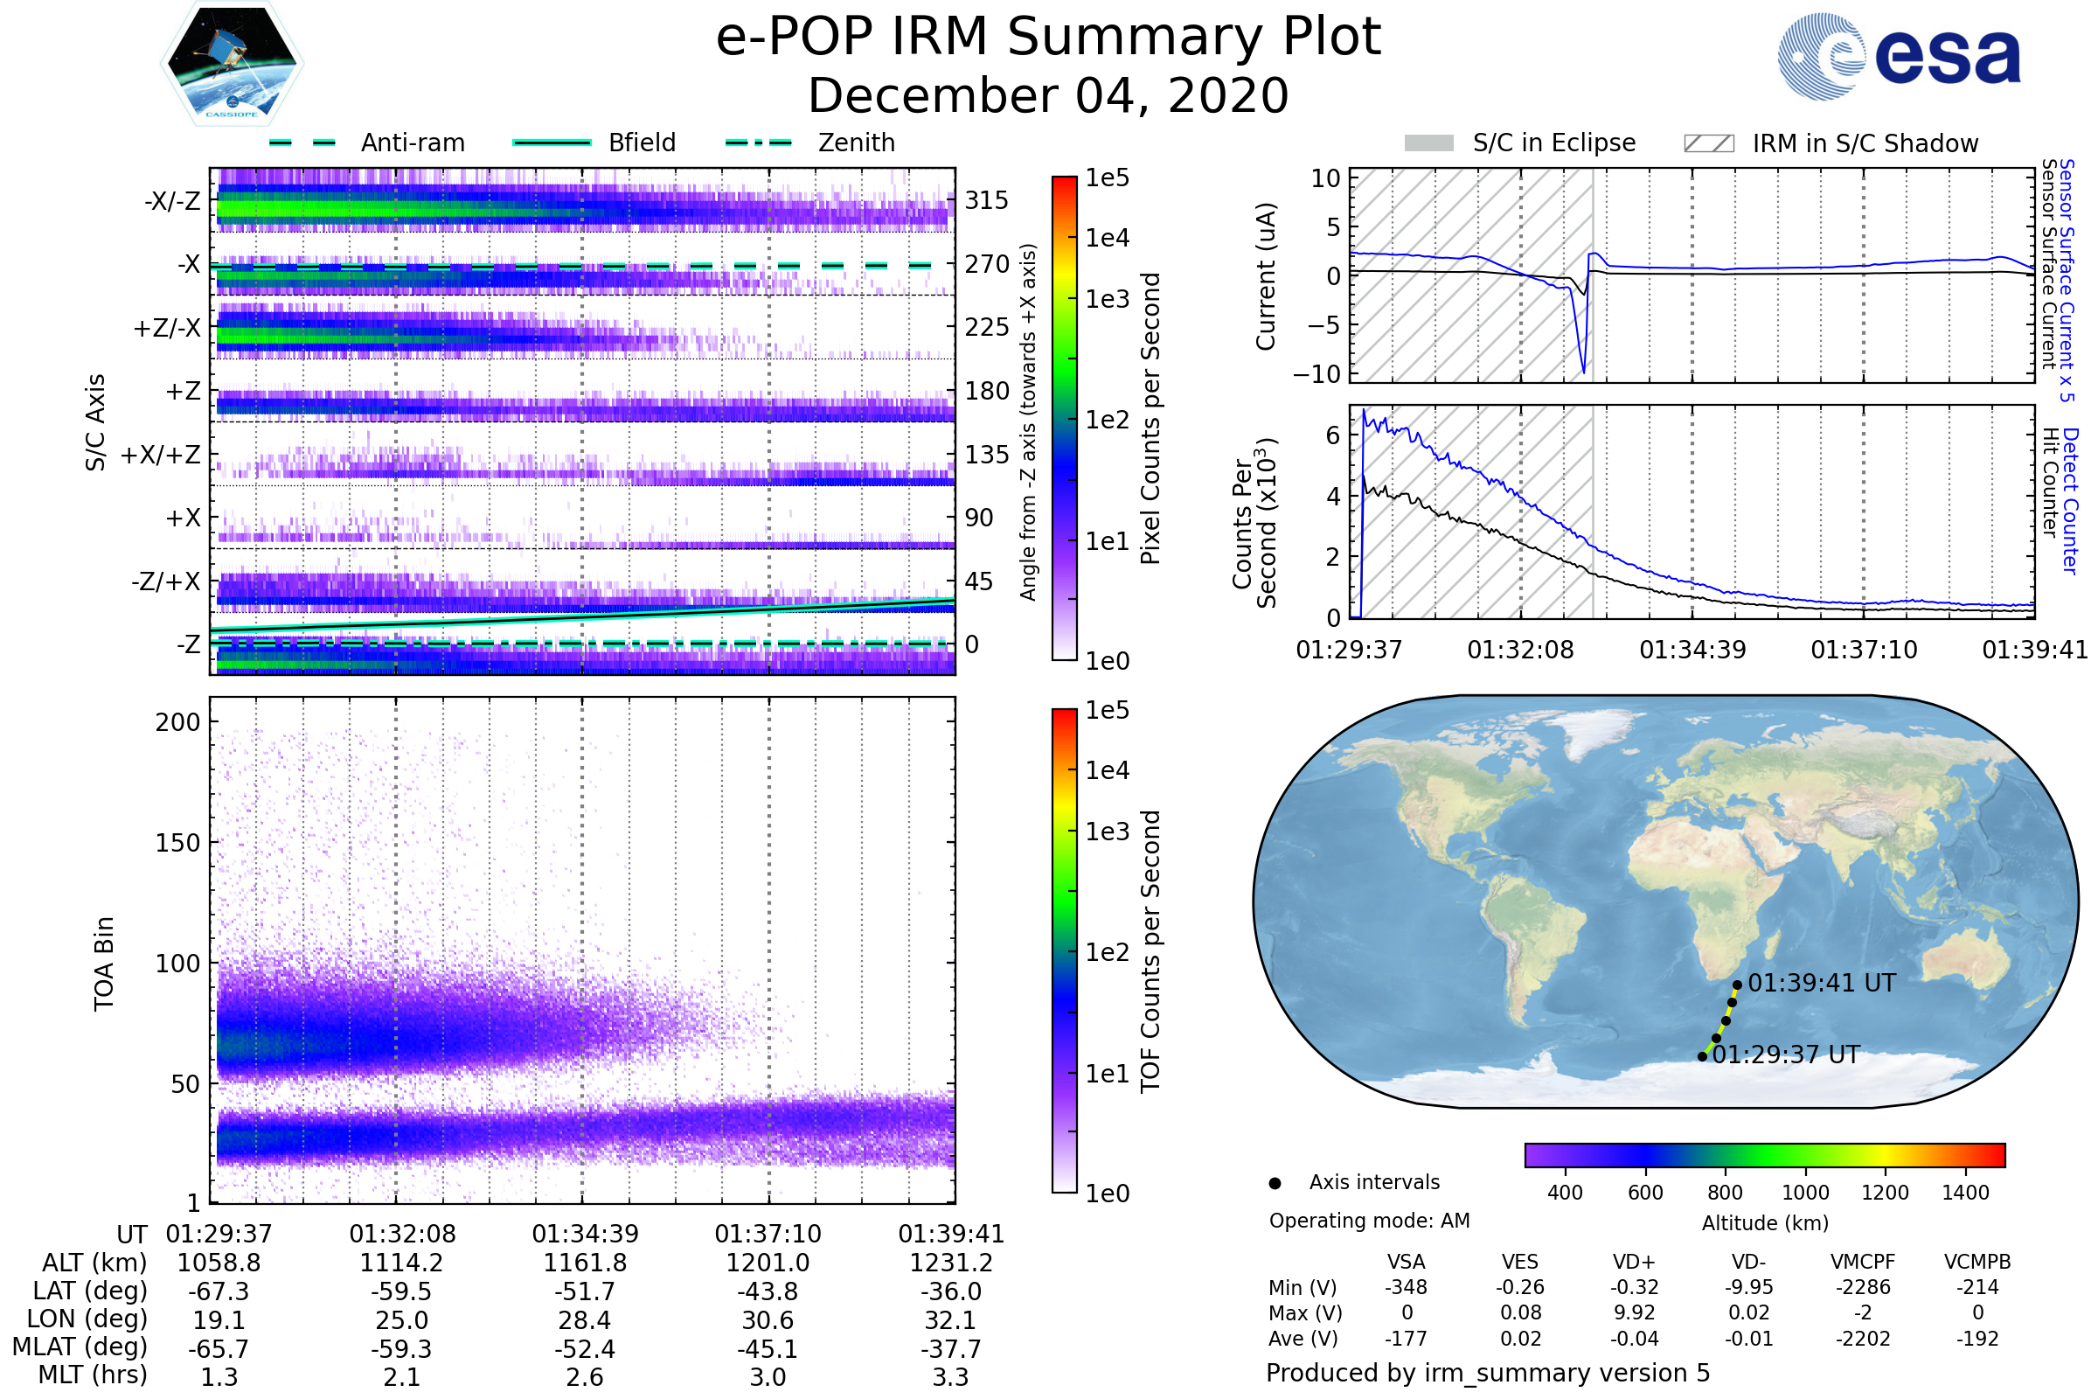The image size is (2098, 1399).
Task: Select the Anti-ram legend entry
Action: click(412, 143)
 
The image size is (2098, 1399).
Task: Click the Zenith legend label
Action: click(856, 143)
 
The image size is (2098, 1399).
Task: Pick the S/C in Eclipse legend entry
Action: click(1553, 143)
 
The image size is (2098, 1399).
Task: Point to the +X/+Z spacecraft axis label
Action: click(161, 455)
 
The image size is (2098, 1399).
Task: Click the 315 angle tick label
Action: click(986, 200)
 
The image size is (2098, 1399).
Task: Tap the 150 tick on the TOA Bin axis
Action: click(177, 843)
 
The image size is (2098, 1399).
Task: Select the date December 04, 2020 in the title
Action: click(1048, 95)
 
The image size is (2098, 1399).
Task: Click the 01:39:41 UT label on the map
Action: click(1822, 983)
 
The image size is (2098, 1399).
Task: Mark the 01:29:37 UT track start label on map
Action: click(1786, 1054)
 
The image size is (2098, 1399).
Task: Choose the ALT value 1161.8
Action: click(585, 1263)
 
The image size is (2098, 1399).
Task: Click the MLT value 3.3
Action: click(950, 1376)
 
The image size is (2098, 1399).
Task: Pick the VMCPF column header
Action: click(1863, 1262)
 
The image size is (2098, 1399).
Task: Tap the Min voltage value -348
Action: click(1406, 1287)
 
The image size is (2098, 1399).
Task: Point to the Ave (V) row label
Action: click(1305, 1339)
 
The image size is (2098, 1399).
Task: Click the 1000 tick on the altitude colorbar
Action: click(1805, 1193)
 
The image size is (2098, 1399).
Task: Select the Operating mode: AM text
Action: click(1369, 1221)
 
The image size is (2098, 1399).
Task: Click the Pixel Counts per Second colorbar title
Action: click(1150, 418)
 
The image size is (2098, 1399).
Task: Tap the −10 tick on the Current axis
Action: click(1316, 374)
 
